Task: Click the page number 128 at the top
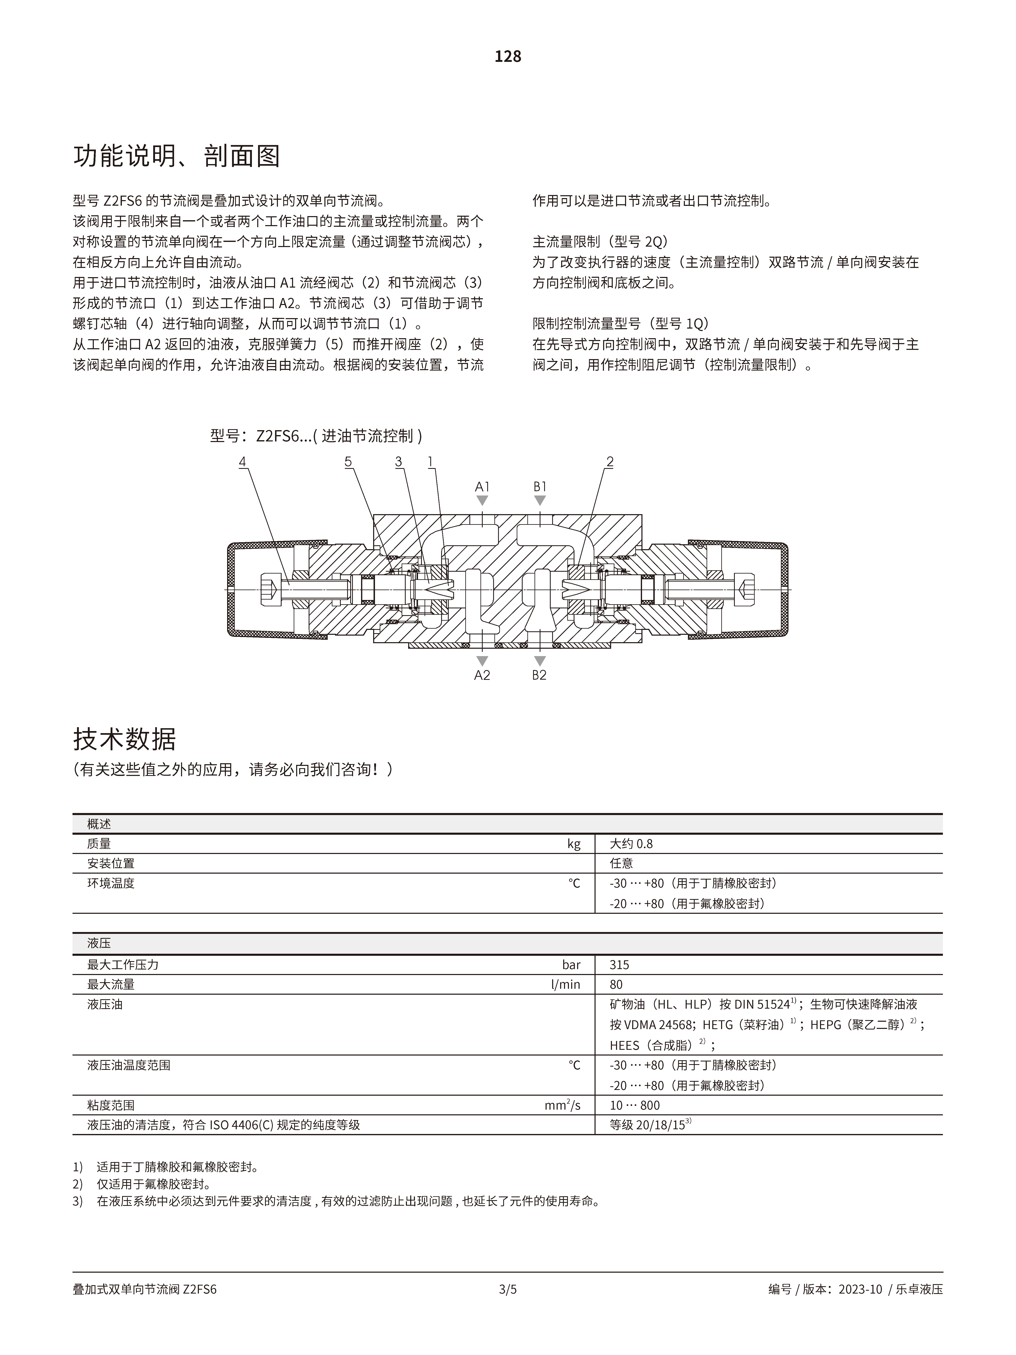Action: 508,56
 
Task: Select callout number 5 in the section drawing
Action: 348,462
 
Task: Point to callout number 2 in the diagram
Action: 609,462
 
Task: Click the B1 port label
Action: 540,487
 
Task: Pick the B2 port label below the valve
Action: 539,675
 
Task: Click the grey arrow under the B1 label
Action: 540,500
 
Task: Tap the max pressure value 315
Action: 619,965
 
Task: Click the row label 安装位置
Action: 111,863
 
